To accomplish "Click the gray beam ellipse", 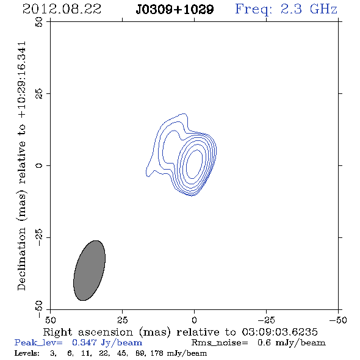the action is [x=89, y=270].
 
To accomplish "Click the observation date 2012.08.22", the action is [x=62, y=9].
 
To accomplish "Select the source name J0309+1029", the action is [x=175, y=10].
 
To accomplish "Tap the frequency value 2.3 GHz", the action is [x=309, y=9].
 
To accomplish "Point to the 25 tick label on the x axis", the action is [x=122, y=320].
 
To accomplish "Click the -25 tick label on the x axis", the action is [x=266, y=320].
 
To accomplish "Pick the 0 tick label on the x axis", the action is [x=194, y=320].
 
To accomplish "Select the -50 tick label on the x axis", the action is [x=338, y=320].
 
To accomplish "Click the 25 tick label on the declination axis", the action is [x=39, y=94].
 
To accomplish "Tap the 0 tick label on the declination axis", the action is [x=39, y=165].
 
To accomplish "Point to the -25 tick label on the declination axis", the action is [x=39, y=237].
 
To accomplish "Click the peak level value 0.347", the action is [x=84, y=342].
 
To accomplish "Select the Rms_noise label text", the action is [x=220, y=343].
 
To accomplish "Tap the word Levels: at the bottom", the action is [x=27, y=353].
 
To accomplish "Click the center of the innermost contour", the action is [x=194, y=164].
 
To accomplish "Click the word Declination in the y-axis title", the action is [x=21, y=259].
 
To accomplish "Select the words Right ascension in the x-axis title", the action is [x=88, y=332].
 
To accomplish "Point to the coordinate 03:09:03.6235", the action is [x=279, y=332].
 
